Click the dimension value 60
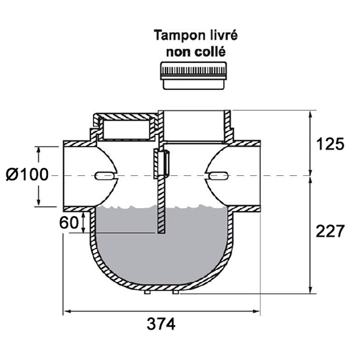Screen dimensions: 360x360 (70, 222)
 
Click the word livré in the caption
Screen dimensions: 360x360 (222, 35)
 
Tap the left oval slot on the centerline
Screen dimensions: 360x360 (104, 176)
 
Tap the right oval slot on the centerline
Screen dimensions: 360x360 (217, 176)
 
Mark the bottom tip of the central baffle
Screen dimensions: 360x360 (161, 232)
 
